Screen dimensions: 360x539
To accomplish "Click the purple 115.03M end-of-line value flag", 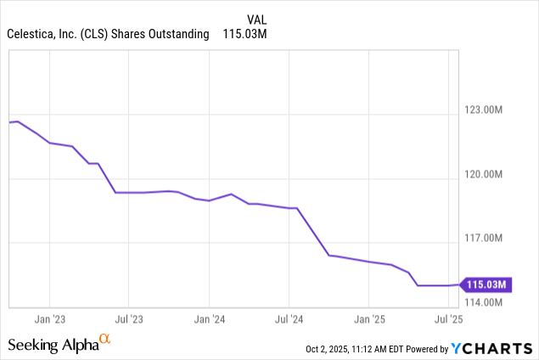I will [486, 284].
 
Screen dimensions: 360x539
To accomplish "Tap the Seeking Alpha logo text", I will [52, 345].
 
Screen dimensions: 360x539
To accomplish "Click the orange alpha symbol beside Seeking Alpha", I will [105, 340].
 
